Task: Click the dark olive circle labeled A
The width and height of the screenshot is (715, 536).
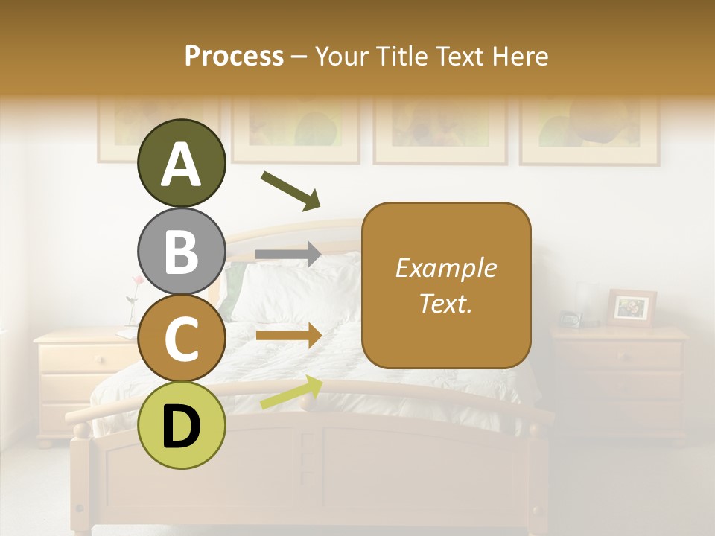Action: coord(181,164)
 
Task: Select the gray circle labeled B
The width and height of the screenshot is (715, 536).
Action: coord(181,251)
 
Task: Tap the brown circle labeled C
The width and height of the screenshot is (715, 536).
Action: coord(181,339)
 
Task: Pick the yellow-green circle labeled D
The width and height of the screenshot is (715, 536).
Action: coord(181,426)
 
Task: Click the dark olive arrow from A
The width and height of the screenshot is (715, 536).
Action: coord(290,191)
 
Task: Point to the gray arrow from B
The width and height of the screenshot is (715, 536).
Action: coord(288,254)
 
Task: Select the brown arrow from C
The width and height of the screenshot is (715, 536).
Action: coord(288,335)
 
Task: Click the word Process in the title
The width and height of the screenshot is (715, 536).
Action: coord(234,57)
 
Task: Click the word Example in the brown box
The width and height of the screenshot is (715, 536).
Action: coord(445,268)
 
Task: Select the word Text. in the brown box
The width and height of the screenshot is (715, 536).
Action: coord(445,303)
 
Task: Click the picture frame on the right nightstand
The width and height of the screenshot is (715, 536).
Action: coord(632,307)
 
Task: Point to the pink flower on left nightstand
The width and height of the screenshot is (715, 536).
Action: coord(137,281)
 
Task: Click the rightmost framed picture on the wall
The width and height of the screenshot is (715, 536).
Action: coord(589,130)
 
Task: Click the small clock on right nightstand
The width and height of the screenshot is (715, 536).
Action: coord(570,319)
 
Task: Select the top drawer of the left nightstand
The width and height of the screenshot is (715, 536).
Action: coord(74,359)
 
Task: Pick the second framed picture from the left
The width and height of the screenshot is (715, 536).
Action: coord(295,130)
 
